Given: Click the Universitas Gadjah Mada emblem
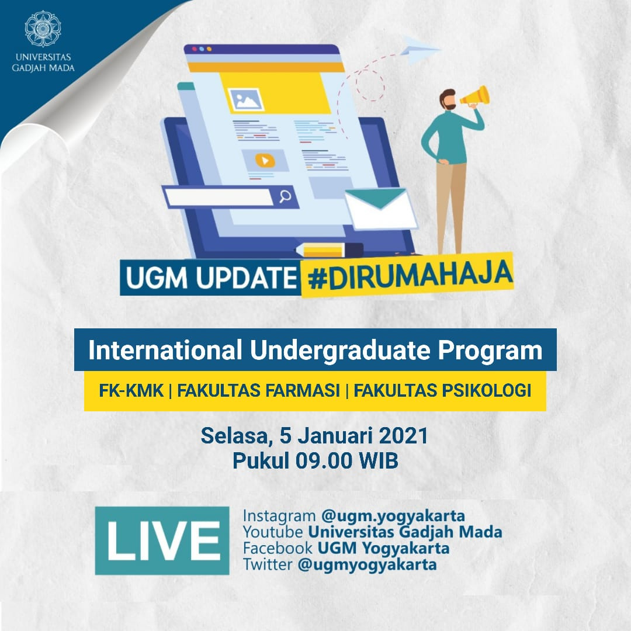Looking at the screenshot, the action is click(x=43, y=29).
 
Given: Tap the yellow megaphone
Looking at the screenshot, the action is click(x=475, y=96).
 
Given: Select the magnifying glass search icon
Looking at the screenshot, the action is click(x=285, y=196).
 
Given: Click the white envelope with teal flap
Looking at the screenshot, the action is click(x=381, y=209).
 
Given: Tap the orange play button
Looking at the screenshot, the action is click(x=265, y=161).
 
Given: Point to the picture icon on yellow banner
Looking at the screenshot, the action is click(x=246, y=99).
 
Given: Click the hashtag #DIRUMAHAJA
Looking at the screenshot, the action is click(x=410, y=276).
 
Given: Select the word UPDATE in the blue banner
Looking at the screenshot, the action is click(x=246, y=278).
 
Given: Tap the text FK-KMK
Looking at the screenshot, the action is click(x=131, y=390).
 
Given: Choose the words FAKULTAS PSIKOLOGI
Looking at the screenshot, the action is click(x=442, y=390).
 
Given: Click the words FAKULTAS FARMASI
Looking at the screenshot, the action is click(x=258, y=390).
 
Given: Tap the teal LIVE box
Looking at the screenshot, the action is click(x=162, y=540).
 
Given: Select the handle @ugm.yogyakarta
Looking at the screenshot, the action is click(x=393, y=516).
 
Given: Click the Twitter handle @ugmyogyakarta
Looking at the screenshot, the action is click(x=367, y=564).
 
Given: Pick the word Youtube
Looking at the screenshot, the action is click(x=273, y=532).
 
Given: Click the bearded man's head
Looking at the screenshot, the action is click(x=448, y=99).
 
